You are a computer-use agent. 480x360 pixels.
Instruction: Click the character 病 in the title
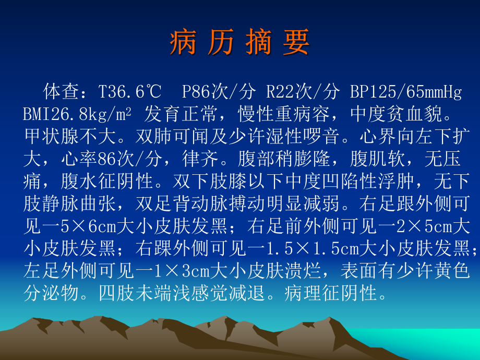(183, 42)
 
